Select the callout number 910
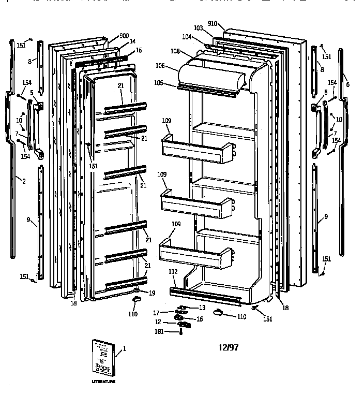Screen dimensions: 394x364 point(213,23)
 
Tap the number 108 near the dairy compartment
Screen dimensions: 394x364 point(175,52)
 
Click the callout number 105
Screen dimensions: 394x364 point(159,83)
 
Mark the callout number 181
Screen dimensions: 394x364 point(159,332)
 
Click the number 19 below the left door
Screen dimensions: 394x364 point(151,293)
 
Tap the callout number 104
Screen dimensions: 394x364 point(186,37)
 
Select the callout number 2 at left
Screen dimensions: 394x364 point(23,180)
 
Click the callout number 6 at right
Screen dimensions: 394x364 point(347,84)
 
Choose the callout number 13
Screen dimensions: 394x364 point(202,308)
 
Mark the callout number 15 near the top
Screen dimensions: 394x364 point(139,50)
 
